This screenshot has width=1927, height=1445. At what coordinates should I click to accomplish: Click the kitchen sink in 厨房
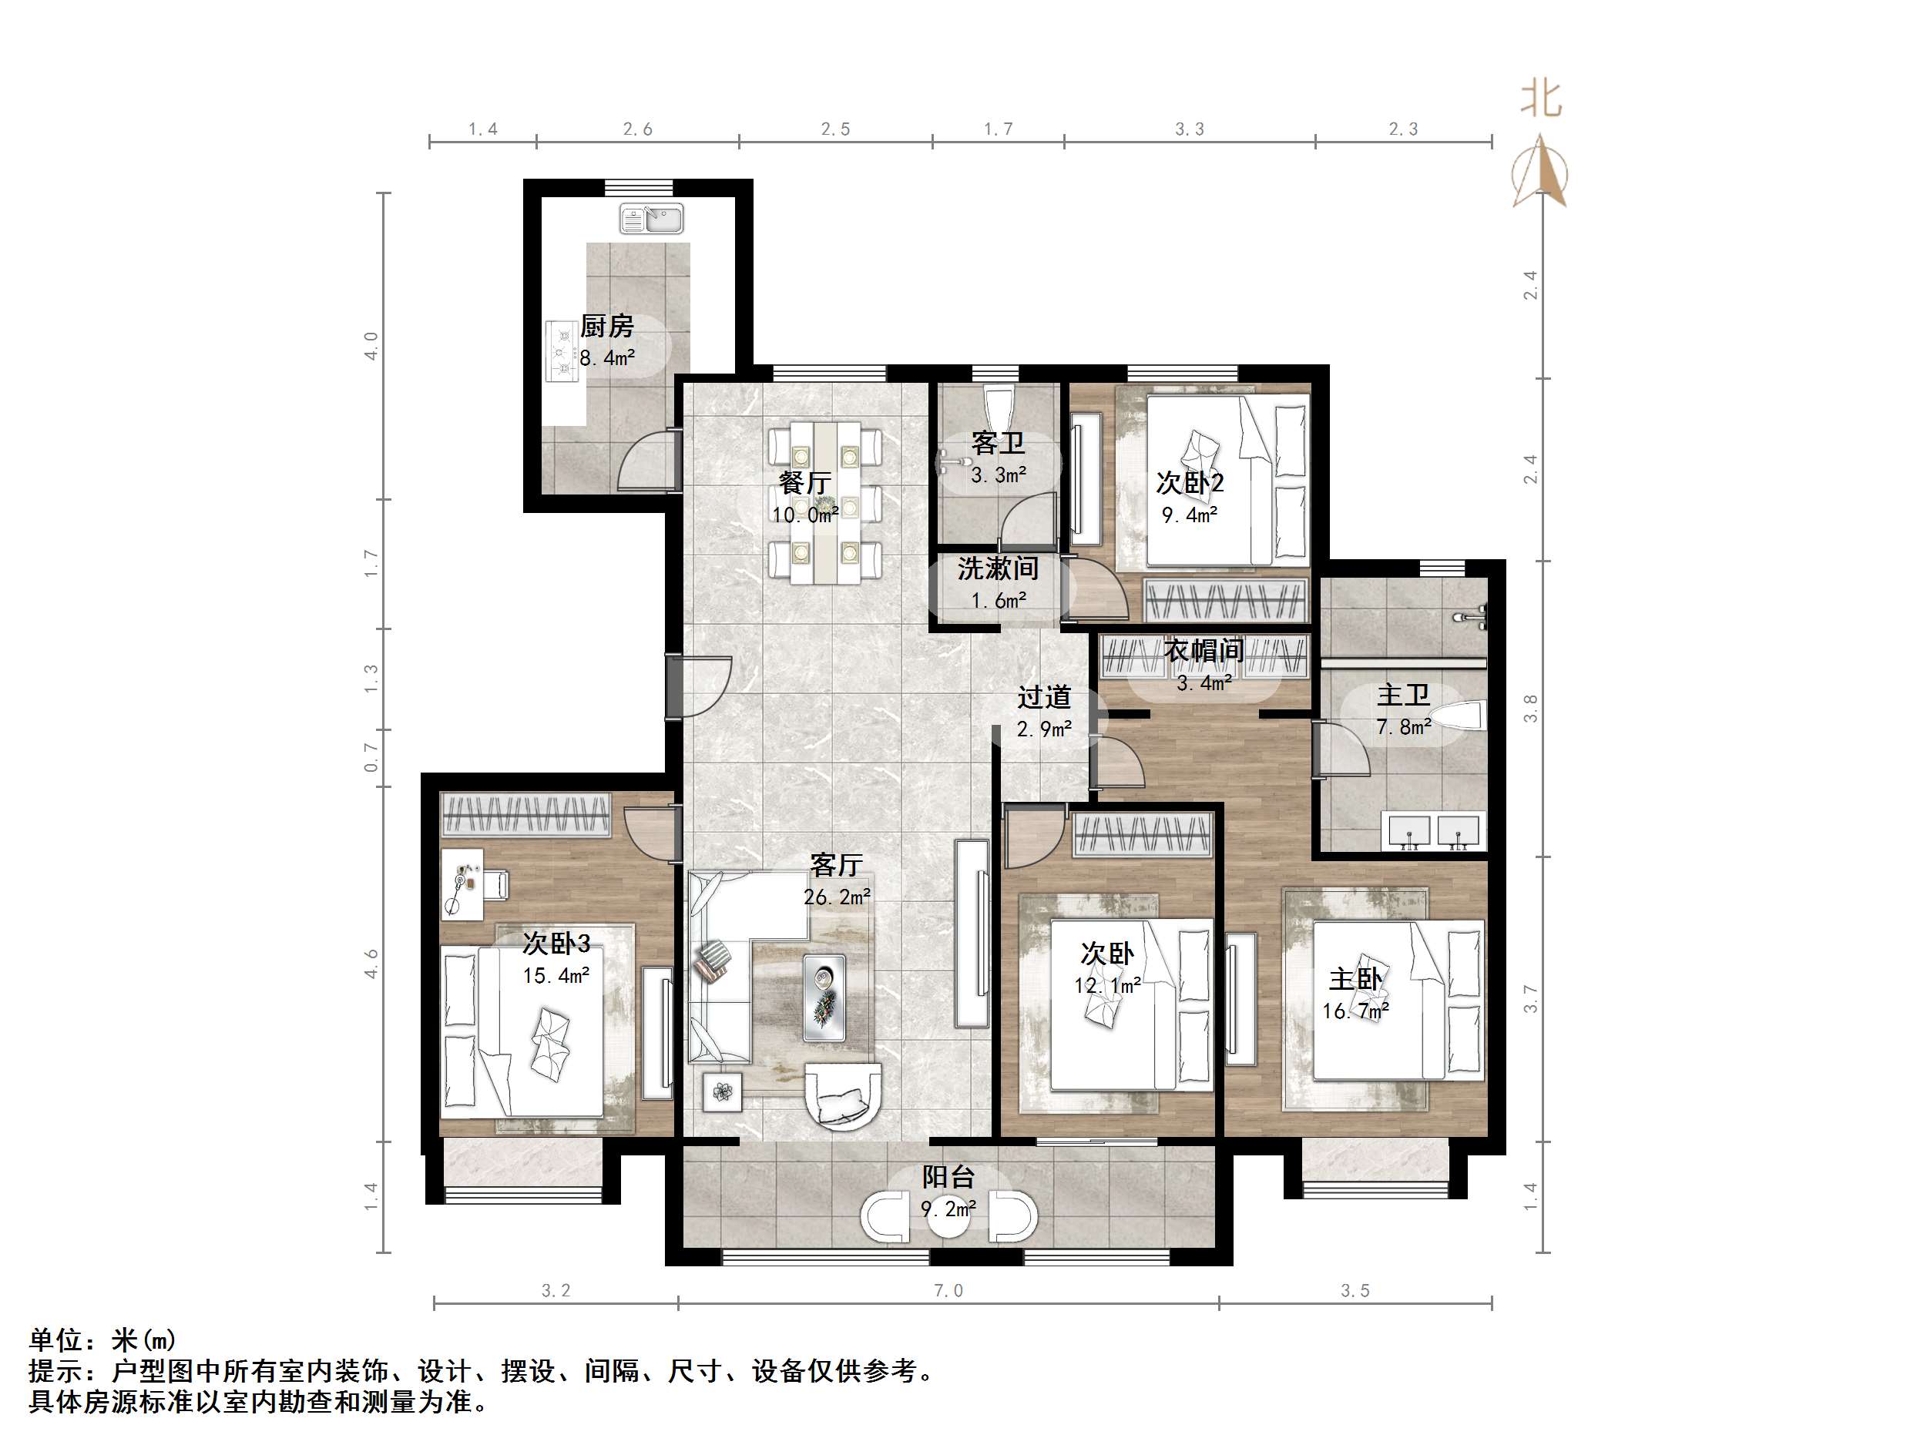pos(652,219)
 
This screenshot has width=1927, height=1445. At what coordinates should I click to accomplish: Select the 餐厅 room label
pos(804,482)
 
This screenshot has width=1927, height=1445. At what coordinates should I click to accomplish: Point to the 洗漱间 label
pos(998,568)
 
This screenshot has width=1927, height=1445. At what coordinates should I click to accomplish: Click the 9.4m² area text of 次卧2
pos(1189,515)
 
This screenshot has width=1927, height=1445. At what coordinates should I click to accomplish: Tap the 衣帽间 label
pos(1204,651)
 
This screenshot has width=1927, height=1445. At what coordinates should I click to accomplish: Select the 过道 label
pos(1044,697)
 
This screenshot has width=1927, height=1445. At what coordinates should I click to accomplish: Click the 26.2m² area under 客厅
pos(836,897)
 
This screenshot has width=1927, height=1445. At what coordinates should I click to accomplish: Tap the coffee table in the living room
pos(823,997)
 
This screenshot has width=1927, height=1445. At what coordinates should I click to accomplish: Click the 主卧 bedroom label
pos(1355,979)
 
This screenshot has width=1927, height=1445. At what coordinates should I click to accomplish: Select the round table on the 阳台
pos(948,1217)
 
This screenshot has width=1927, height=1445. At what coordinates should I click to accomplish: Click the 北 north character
pos(1540,99)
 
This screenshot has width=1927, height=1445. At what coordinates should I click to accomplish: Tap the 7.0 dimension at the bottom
pos(948,1290)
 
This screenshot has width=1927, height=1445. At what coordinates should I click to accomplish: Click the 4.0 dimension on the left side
pos(372,346)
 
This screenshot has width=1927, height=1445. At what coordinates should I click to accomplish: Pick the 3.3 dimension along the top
pos(1189,129)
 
